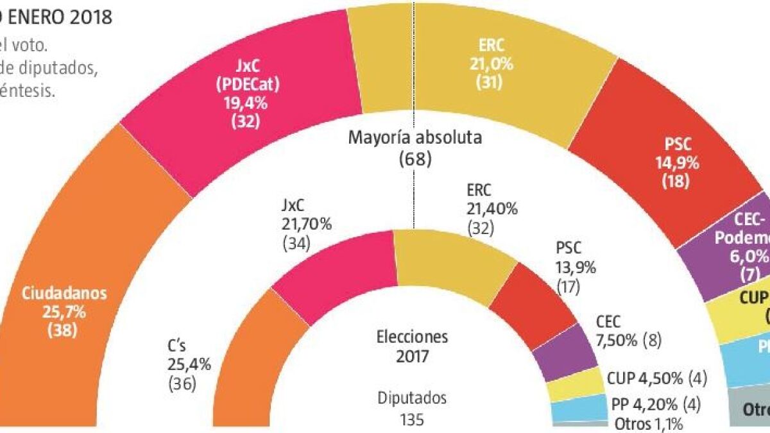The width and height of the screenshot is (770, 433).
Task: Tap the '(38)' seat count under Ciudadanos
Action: click(64, 331)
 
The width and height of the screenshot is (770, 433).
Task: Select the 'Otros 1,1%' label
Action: click(648, 423)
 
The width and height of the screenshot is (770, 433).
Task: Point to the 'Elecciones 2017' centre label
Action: click(411, 346)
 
